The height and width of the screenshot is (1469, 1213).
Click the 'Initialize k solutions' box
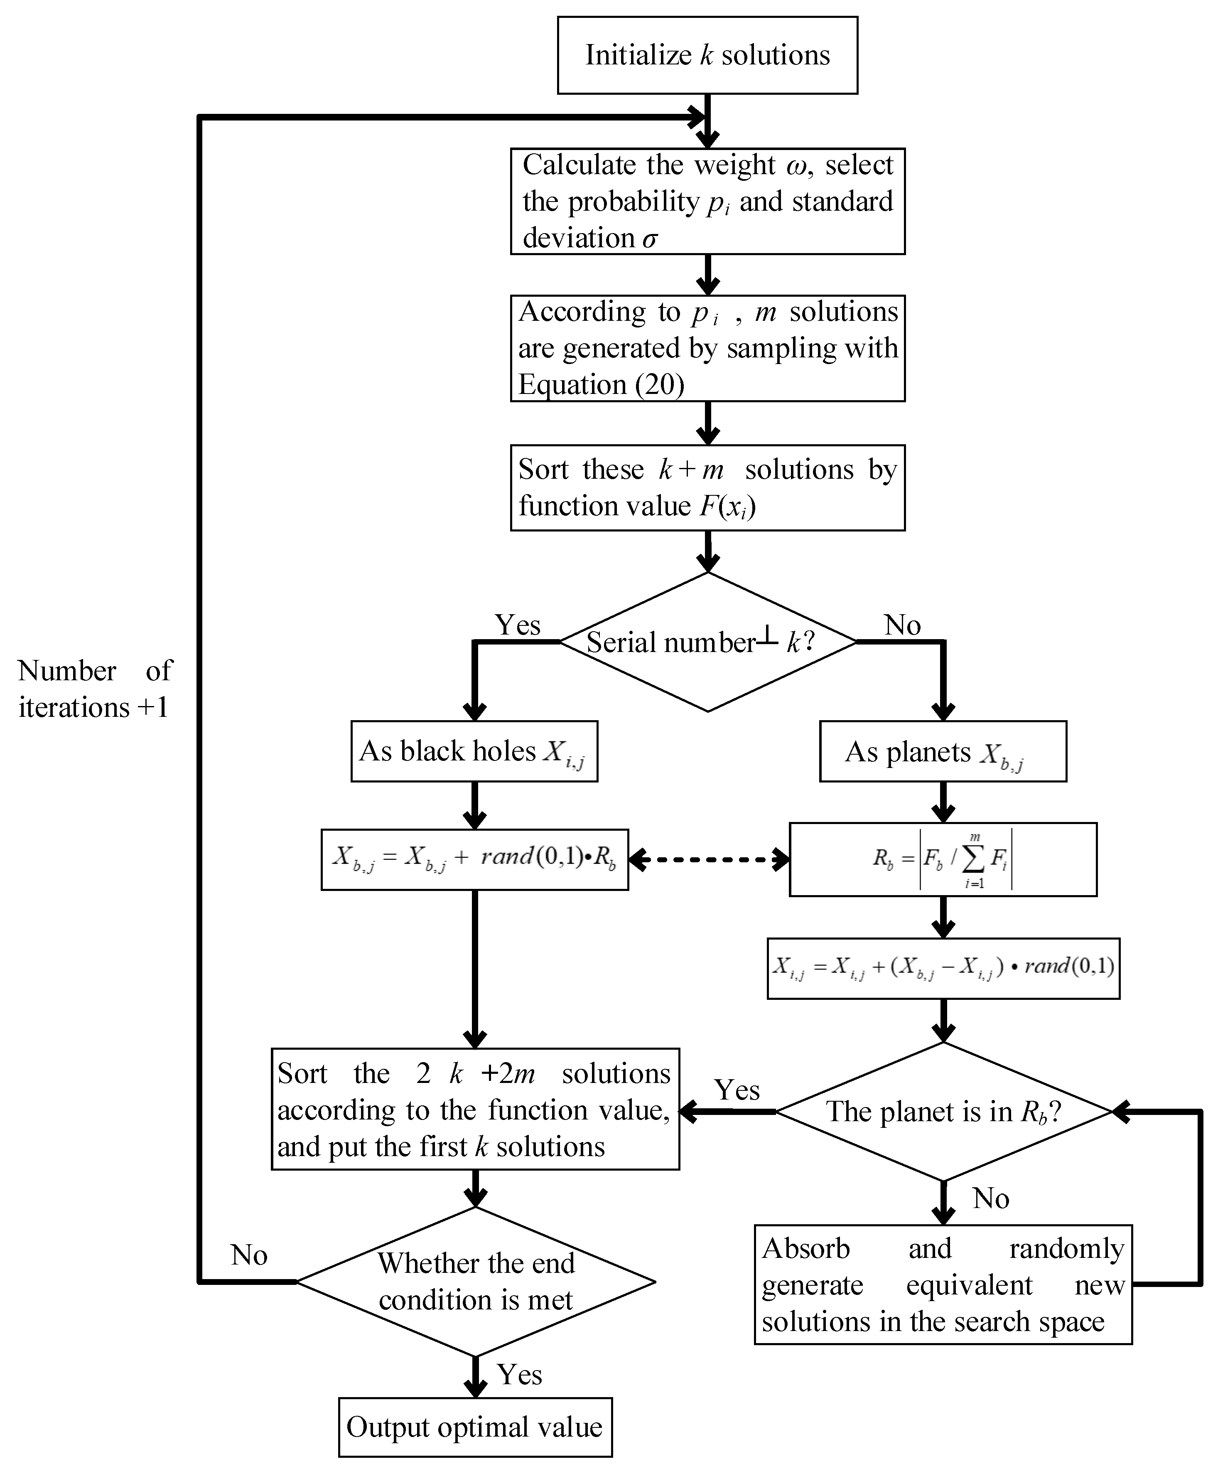[x=707, y=55]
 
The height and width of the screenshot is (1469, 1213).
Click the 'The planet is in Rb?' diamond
[x=943, y=1111]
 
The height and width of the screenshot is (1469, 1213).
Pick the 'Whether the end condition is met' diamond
[x=475, y=1282]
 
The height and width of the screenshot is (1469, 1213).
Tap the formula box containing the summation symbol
[x=943, y=860]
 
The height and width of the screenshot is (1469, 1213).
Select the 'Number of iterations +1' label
[x=94, y=689]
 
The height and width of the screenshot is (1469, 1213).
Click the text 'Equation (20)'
[x=601, y=384]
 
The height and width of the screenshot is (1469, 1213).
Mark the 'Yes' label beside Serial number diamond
[x=518, y=625]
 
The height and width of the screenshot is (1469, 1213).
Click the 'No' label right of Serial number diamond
[x=902, y=625]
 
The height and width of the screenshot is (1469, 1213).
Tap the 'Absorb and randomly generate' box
[x=943, y=1284]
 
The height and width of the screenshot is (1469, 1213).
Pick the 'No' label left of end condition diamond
[x=249, y=1255]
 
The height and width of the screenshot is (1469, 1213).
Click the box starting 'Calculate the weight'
[x=707, y=201]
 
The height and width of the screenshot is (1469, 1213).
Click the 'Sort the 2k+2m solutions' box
[x=475, y=1110]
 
